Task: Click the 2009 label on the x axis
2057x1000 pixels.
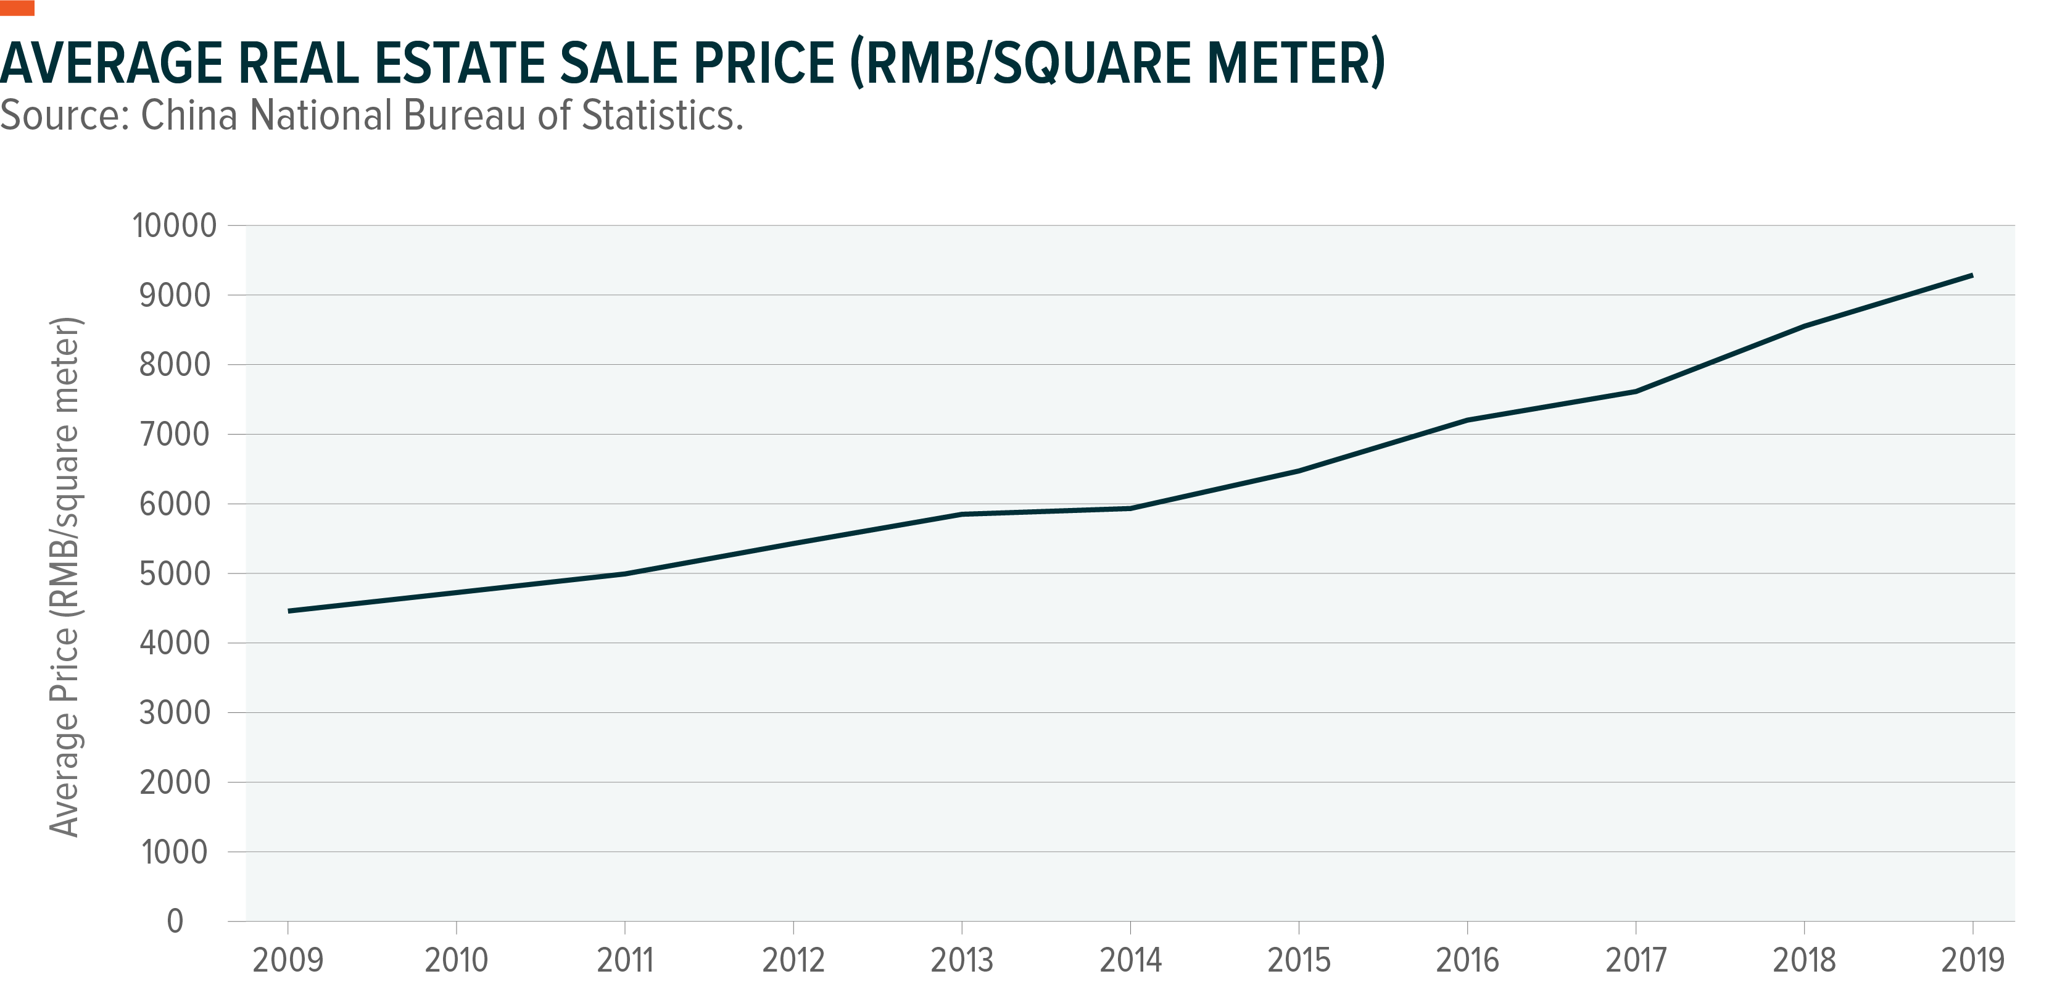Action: (288, 960)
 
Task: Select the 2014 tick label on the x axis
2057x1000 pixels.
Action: (1130, 960)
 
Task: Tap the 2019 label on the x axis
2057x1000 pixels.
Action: (1972, 960)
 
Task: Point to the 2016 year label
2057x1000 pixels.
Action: (1467, 960)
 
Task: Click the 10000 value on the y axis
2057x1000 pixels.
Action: (174, 226)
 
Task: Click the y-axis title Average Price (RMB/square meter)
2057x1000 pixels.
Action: (65, 577)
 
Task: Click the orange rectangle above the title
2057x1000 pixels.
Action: (17, 8)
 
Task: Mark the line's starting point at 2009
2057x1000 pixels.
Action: (289, 611)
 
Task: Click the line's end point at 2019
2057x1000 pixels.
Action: (1972, 275)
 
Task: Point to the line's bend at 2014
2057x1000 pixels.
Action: (1130, 508)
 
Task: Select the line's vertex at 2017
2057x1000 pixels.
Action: (1636, 391)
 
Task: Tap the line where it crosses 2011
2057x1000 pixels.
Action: (624, 573)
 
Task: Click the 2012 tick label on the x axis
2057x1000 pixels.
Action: (793, 960)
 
